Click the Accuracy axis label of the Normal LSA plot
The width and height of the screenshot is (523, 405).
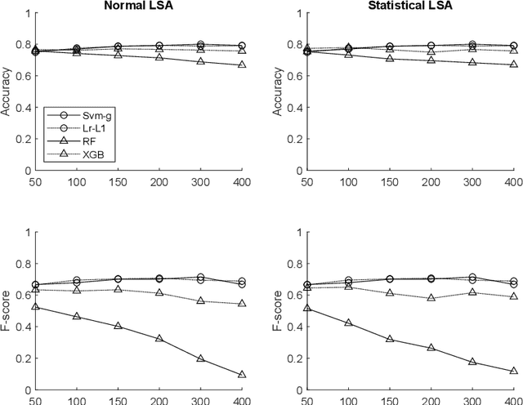(7, 92)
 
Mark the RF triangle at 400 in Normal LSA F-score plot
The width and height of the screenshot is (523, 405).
(242, 375)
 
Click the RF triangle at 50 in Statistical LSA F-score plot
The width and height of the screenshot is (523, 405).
(307, 308)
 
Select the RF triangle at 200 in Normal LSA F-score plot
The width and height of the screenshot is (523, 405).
(159, 338)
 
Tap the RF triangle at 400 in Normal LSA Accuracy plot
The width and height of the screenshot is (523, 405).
(242, 65)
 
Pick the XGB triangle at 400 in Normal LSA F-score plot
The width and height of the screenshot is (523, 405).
(242, 304)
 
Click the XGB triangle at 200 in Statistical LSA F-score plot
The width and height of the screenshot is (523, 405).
(431, 298)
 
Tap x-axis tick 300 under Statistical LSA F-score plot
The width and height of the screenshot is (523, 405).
(472, 400)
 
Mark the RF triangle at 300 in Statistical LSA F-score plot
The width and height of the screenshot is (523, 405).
(472, 361)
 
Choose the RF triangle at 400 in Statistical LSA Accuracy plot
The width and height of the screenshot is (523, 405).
(513, 65)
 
